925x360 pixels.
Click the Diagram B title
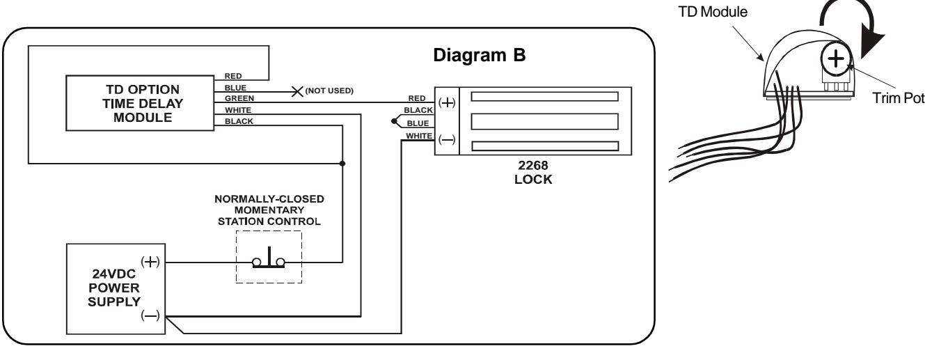click(x=480, y=56)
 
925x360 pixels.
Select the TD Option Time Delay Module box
click(x=140, y=103)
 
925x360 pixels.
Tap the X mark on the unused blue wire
click(x=297, y=91)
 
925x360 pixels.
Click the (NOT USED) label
click(x=329, y=91)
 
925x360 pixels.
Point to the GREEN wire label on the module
click(x=239, y=98)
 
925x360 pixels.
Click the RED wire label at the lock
click(x=417, y=98)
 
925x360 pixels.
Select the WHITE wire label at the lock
click(x=419, y=136)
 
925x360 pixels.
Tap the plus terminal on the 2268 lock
click(x=447, y=102)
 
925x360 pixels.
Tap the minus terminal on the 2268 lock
click(x=447, y=140)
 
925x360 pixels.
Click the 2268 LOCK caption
click(x=533, y=173)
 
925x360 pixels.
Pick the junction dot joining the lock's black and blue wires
click(x=394, y=121)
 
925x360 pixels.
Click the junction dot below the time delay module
click(x=342, y=164)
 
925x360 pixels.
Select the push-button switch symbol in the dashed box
click(x=269, y=259)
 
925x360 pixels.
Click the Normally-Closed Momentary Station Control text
click(x=269, y=210)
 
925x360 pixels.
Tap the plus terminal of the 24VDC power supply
click(x=150, y=262)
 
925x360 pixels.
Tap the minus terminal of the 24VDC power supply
click(x=150, y=316)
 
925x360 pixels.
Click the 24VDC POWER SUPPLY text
click(x=114, y=288)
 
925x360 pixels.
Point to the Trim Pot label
click(x=898, y=98)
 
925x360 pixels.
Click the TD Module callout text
click(x=713, y=12)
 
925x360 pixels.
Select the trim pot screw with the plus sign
click(x=836, y=59)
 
